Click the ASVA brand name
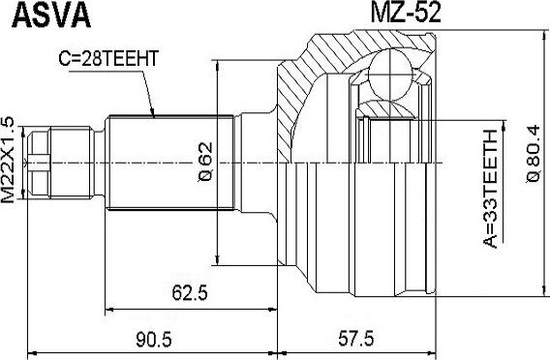(51, 15)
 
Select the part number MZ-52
(406, 13)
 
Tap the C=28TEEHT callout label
(108, 58)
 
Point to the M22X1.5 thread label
(8, 161)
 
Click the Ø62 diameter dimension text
(205, 162)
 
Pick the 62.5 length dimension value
(190, 292)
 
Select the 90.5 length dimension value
(154, 340)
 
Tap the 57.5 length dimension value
(356, 339)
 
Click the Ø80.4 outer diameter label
(534, 154)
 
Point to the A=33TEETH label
(490, 189)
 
